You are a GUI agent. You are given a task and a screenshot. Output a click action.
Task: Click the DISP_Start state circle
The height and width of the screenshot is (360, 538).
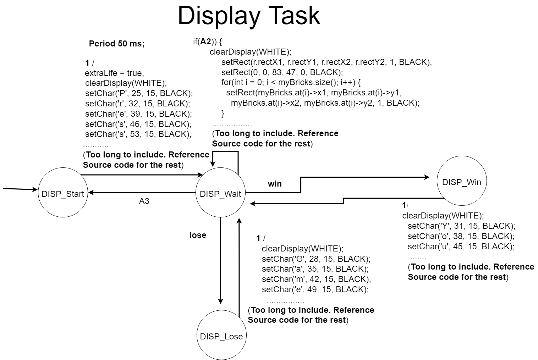(x=63, y=193)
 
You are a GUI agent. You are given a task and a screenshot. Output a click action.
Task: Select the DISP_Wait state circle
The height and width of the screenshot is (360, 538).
(x=220, y=193)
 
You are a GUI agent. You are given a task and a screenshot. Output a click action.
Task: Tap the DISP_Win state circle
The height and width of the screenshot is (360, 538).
(x=461, y=182)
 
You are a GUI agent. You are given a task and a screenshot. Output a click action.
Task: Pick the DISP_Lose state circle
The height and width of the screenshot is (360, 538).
(x=221, y=336)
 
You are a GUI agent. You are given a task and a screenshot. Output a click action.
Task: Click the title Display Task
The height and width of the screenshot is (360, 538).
(x=249, y=16)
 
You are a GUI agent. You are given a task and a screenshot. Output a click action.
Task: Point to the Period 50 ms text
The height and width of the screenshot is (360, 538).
(x=117, y=44)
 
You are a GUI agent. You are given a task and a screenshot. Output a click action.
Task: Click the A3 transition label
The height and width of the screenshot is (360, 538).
(x=144, y=201)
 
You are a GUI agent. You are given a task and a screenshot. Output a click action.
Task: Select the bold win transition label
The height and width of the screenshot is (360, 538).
(x=275, y=184)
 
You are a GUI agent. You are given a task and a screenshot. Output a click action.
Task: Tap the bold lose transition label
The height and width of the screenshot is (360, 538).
(x=198, y=235)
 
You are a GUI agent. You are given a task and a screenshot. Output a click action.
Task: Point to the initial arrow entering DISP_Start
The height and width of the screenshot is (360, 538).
(x=20, y=189)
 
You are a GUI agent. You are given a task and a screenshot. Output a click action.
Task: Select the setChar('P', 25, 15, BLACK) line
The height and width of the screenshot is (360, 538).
(x=139, y=93)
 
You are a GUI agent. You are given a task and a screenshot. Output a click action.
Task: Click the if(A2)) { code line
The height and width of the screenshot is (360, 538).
(x=207, y=42)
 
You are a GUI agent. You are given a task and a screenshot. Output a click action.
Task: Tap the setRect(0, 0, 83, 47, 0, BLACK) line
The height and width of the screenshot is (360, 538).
(x=282, y=72)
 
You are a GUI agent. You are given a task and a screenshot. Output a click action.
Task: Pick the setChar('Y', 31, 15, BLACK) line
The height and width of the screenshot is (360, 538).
(x=461, y=226)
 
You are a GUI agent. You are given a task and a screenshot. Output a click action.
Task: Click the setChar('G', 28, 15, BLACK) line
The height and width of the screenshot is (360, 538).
(x=316, y=259)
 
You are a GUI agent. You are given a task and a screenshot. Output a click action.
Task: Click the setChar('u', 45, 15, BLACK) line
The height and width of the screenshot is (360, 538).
(x=461, y=246)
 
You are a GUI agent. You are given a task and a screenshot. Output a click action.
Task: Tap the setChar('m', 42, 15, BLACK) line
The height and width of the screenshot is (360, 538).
(x=316, y=279)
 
